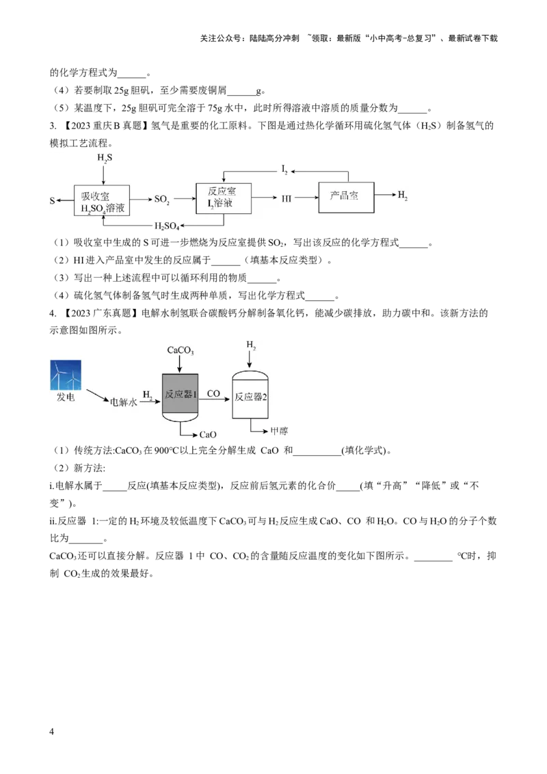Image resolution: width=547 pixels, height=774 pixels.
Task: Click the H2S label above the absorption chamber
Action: tap(105, 158)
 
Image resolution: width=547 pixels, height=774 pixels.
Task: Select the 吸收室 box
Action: tap(101, 200)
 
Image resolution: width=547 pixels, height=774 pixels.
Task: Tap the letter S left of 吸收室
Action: tap(51, 201)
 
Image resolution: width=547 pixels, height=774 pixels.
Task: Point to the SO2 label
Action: tap(162, 200)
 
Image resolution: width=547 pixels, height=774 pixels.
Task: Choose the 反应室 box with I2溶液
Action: tap(223, 199)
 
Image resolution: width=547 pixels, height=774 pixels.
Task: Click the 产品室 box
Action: tap(347, 196)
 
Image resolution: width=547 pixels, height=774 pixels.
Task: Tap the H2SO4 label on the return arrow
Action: tap(166, 226)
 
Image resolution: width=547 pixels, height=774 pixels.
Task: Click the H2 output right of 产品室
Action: tap(403, 196)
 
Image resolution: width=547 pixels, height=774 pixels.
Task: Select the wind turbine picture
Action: tap(66, 375)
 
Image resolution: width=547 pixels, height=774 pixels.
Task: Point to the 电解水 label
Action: tap(124, 402)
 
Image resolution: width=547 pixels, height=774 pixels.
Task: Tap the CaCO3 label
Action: tap(181, 351)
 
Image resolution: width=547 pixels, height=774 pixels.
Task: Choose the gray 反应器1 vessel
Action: tap(181, 397)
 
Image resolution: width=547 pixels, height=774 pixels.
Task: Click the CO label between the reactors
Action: tap(213, 394)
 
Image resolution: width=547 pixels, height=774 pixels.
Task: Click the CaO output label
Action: tap(208, 434)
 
